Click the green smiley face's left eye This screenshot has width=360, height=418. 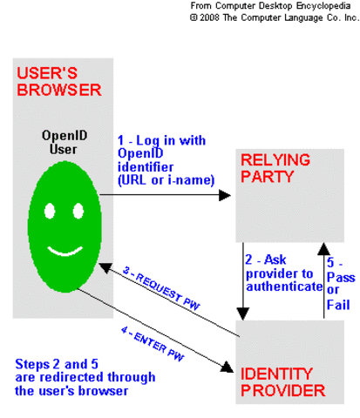47,211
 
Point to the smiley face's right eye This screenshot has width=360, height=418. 78,211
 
